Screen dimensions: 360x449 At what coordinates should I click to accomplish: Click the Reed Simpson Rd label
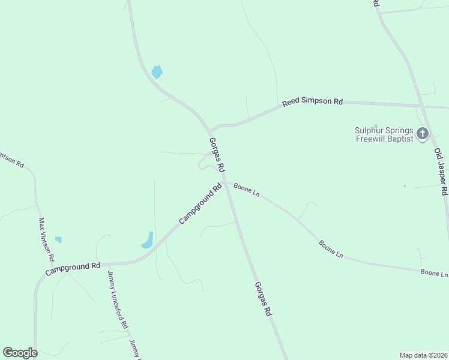[x=312, y=102]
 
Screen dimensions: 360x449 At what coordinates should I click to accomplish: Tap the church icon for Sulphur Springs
[x=423, y=133]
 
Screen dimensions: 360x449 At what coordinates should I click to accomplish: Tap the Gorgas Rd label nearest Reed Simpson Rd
[x=217, y=154]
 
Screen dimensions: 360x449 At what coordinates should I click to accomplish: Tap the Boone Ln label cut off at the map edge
[x=434, y=273]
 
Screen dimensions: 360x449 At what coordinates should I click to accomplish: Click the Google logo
[x=20, y=353]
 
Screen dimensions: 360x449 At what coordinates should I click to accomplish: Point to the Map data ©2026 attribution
[x=424, y=355]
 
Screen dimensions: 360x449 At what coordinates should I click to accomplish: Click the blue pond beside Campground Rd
[x=148, y=241]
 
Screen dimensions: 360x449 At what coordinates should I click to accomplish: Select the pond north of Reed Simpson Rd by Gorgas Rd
[x=157, y=72]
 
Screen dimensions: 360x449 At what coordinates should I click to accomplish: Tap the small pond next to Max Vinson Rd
[x=58, y=239]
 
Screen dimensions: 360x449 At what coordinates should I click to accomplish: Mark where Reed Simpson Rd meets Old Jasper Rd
[x=423, y=106]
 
